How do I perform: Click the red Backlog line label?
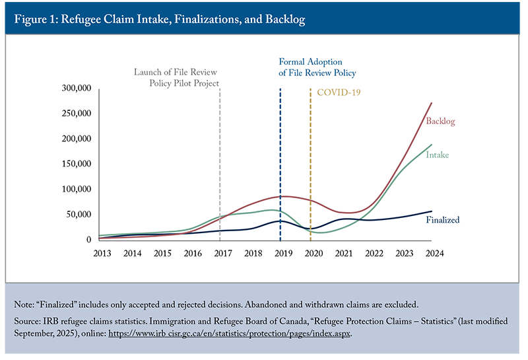click(x=440, y=122)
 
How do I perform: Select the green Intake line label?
click(x=438, y=155)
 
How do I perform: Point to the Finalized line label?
click(x=442, y=220)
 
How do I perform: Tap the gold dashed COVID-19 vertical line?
click(x=311, y=165)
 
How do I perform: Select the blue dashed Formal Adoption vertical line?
click(x=280, y=165)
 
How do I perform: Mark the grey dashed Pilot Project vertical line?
click(x=220, y=165)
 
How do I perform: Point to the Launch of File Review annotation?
click(x=176, y=78)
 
